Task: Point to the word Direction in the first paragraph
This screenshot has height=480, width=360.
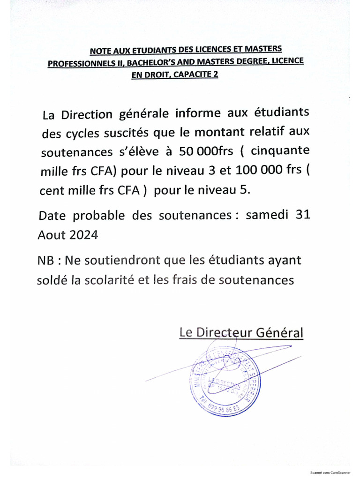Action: [88, 115]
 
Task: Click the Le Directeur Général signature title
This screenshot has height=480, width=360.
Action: [241, 333]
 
